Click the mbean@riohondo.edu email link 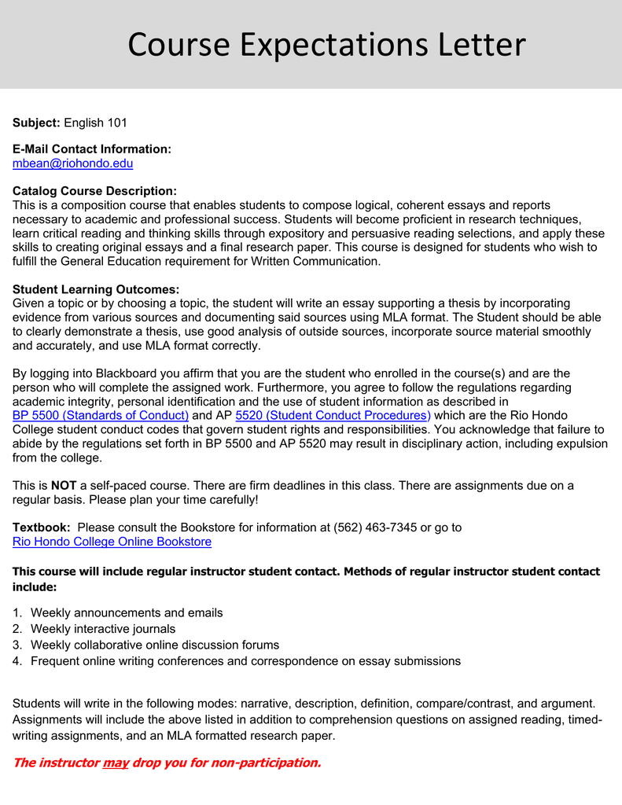coord(72,164)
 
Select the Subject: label coord(36,123)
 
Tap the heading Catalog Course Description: coord(94,191)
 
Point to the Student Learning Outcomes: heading coord(96,289)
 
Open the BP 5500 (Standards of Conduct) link coord(101,415)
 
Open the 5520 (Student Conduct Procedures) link coord(333,415)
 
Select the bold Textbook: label coord(42,527)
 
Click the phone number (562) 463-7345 coord(375,527)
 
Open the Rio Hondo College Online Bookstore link coord(112,542)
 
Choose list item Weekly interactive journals coord(103,629)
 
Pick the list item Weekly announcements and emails coord(127,612)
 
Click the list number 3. coord(17,645)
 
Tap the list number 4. coord(17,661)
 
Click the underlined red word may coord(116,763)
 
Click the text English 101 coord(95,123)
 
